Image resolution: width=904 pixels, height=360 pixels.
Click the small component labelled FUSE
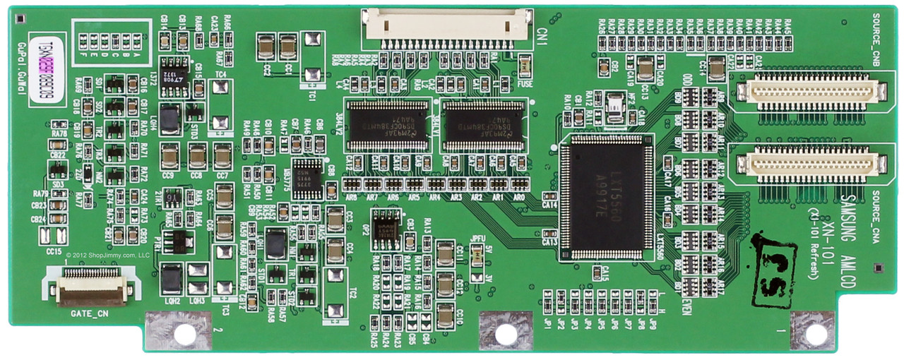[524, 68]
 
